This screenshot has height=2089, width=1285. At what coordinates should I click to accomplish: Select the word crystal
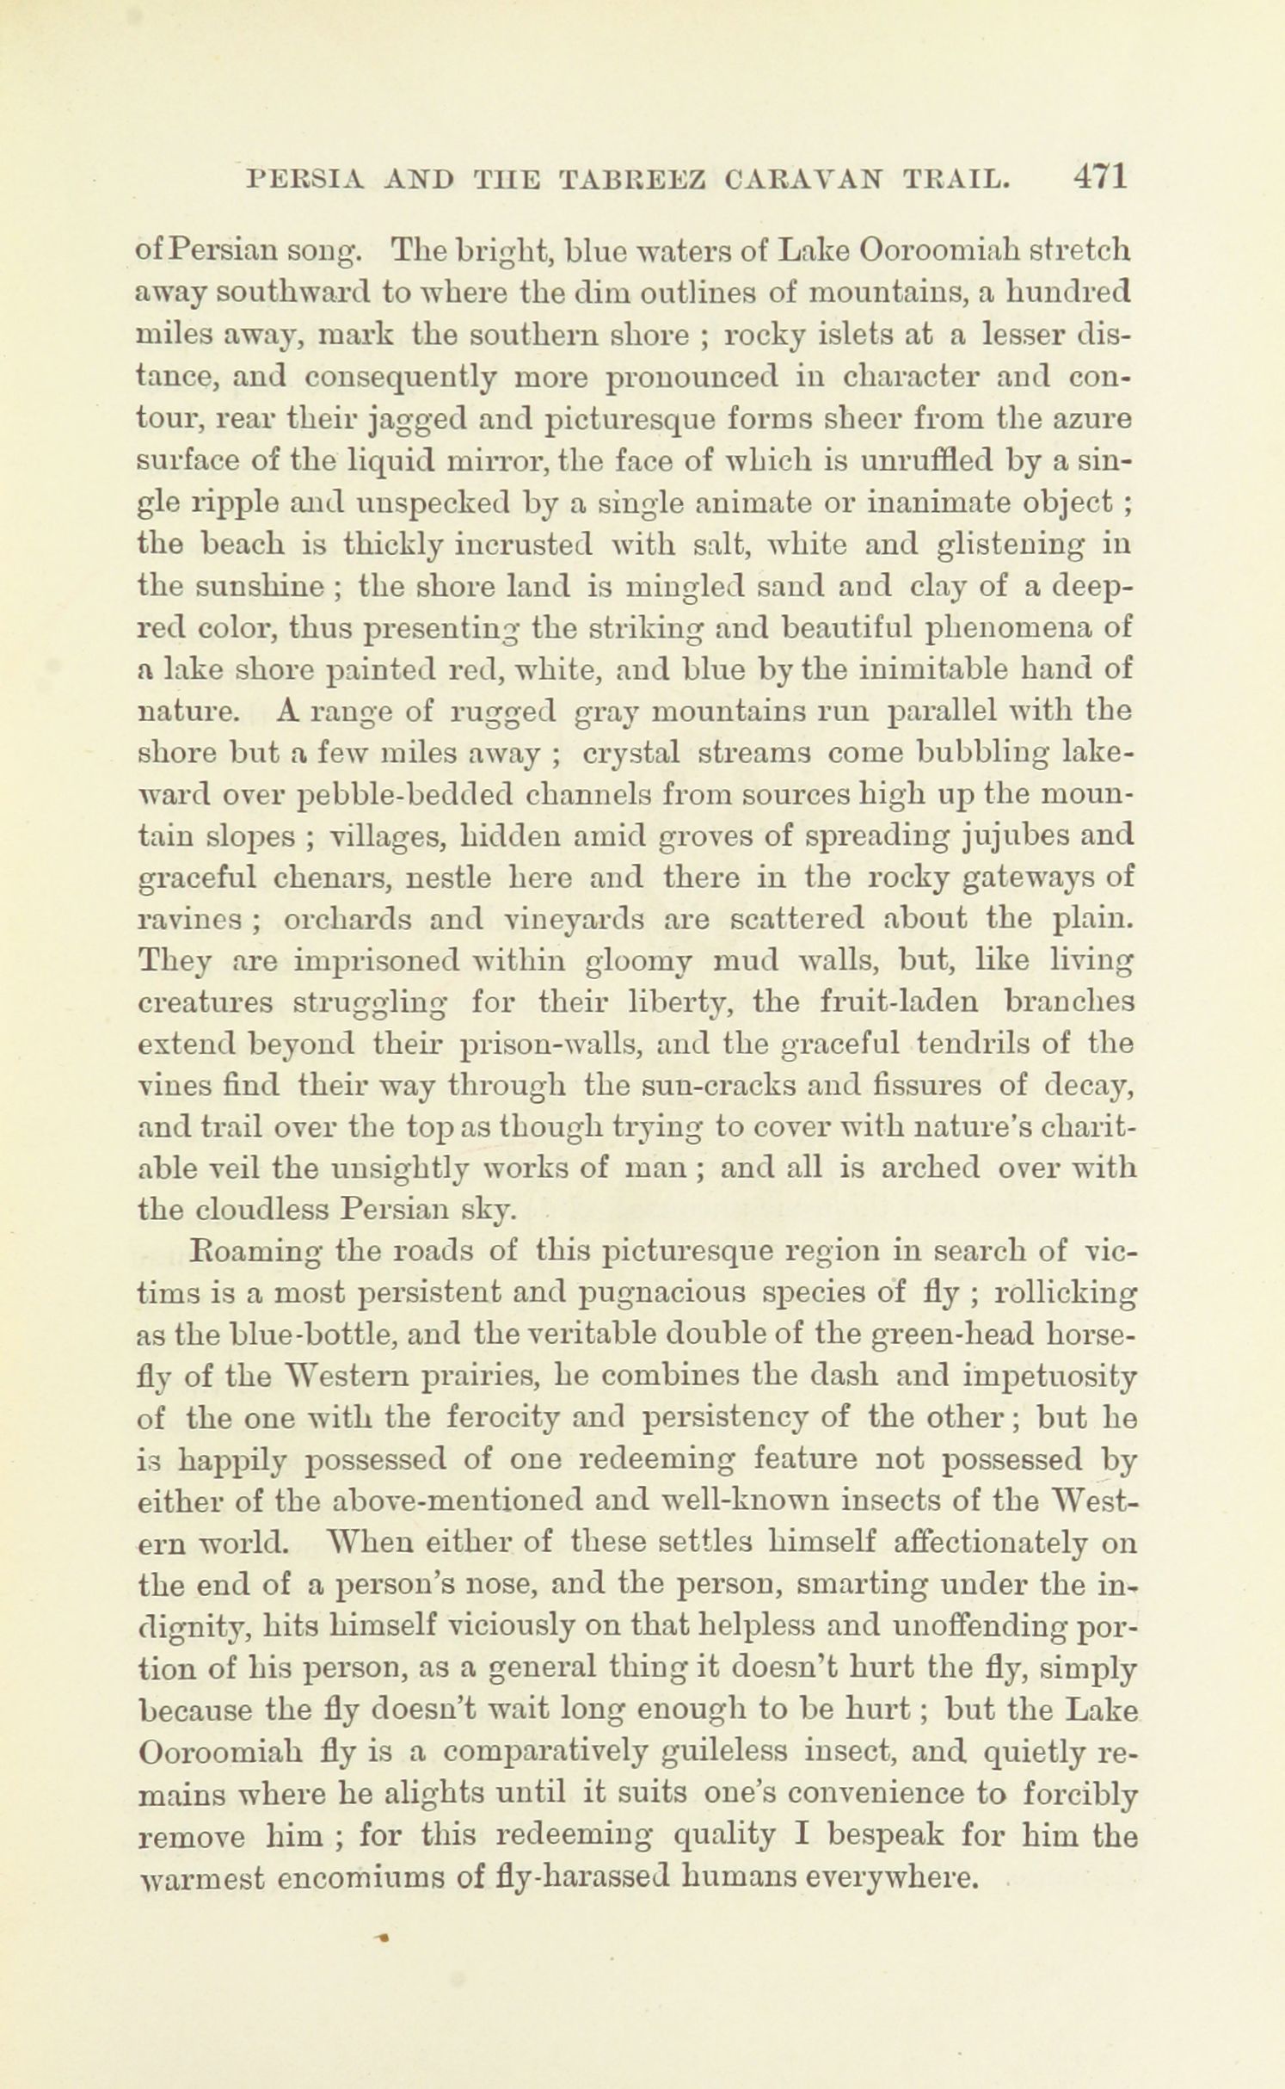631,753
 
